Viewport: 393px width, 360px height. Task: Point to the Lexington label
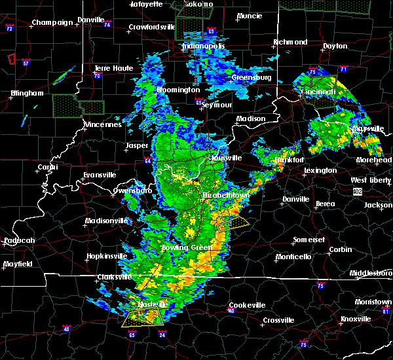tap(320, 170)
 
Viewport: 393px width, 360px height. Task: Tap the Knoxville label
tap(356, 319)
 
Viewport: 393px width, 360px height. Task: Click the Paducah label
tap(19, 240)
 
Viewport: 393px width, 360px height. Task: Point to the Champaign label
tap(54, 22)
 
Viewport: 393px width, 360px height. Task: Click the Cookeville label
tap(247, 305)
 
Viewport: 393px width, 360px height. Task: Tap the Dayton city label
tap(335, 46)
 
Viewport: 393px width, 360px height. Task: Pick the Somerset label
tap(309, 240)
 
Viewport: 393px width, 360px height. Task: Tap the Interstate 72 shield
tap(9, 29)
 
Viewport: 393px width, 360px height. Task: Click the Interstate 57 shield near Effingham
tap(26, 63)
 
